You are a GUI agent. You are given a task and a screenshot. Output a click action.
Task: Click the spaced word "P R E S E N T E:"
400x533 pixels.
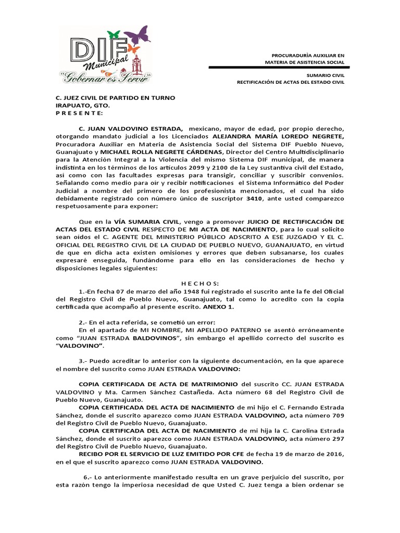coord(80,112)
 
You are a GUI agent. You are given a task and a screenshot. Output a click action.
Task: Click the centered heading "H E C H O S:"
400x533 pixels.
coord(200,284)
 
